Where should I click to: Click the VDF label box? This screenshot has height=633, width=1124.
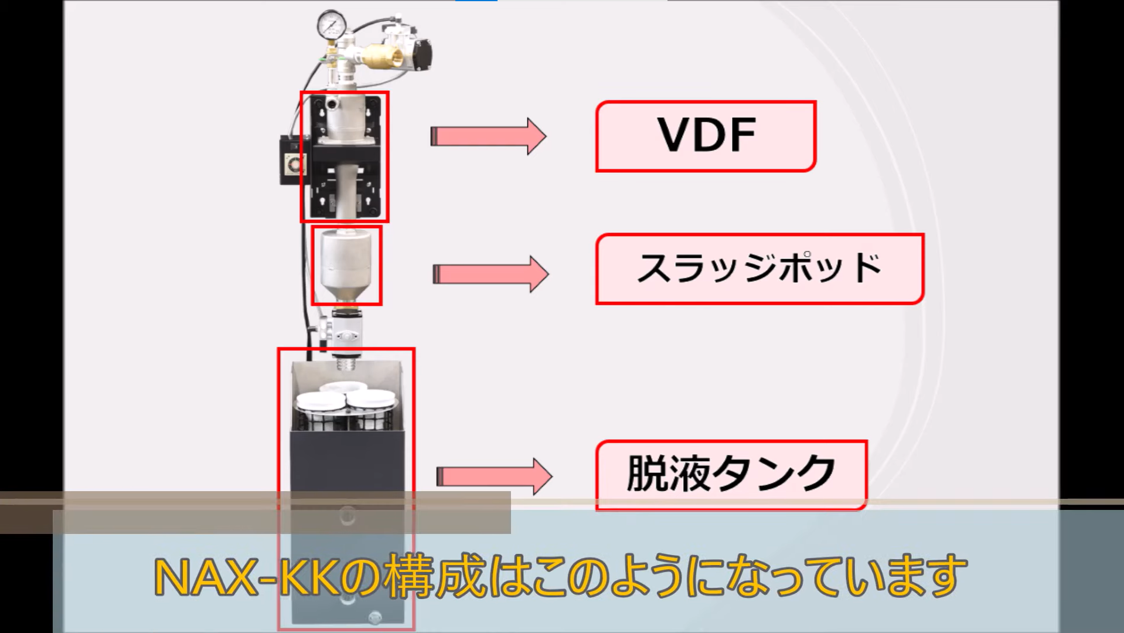(x=706, y=136)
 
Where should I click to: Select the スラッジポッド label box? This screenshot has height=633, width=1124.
(x=759, y=269)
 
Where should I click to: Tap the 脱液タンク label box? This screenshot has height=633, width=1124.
(x=731, y=474)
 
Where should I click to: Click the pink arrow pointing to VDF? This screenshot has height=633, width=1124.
(x=488, y=137)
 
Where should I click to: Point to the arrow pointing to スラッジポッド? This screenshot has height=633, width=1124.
(x=490, y=274)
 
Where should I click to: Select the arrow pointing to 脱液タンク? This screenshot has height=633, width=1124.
(x=493, y=476)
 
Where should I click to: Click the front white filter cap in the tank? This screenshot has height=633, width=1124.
(x=321, y=401)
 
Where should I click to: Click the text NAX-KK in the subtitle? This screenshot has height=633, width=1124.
(x=246, y=578)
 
